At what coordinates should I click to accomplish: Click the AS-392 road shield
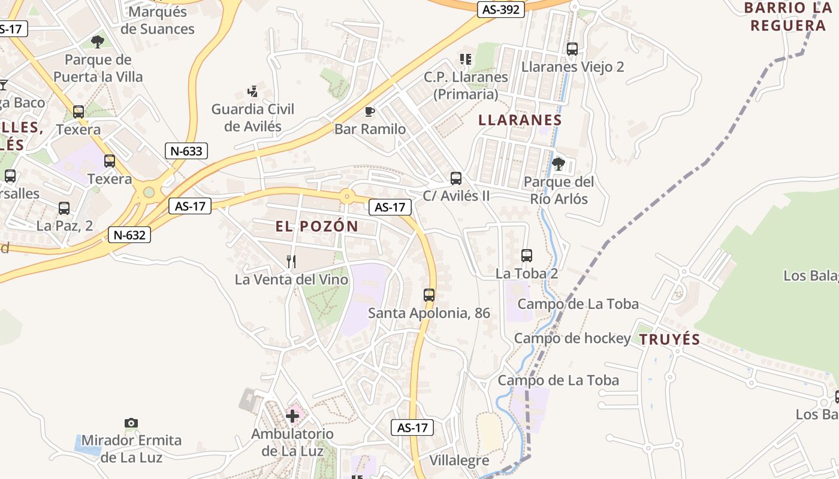pyautogui.click(x=502, y=10)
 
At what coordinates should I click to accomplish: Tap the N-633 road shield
pyautogui.click(x=186, y=151)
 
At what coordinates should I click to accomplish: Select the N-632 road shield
pyautogui.click(x=129, y=235)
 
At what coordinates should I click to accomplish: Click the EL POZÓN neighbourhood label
pyautogui.click(x=317, y=226)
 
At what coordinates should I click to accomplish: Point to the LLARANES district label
pyautogui.click(x=520, y=120)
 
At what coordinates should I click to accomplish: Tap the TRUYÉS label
pyautogui.click(x=669, y=339)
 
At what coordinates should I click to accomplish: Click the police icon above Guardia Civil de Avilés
pyautogui.click(x=253, y=92)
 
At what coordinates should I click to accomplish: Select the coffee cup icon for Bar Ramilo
pyautogui.click(x=370, y=111)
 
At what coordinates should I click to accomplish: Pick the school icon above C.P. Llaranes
pyautogui.click(x=466, y=59)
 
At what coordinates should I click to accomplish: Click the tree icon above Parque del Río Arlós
pyautogui.click(x=559, y=163)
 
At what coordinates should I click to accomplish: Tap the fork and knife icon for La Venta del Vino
pyautogui.click(x=291, y=261)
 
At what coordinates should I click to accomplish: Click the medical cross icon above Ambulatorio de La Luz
pyautogui.click(x=292, y=415)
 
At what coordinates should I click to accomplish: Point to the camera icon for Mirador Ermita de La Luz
pyautogui.click(x=131, y=423)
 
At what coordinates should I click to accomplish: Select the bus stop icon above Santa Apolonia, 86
pyautogui.click(x=429, y=295)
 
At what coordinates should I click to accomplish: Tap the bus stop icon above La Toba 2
pyautogui.click(x=527, y=256)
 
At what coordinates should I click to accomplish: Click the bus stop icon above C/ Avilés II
pyautogui.click(x=456, y=178)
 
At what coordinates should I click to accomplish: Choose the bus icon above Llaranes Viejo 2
pyautogui.click(x=572, y=49)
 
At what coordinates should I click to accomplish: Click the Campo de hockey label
pyautogui.click(x=572, y=338)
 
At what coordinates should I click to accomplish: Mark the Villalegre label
pyautogui.click(x=459, y=460)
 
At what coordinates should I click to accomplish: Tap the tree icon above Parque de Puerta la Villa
pyautogui.click(x=97, y=42)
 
